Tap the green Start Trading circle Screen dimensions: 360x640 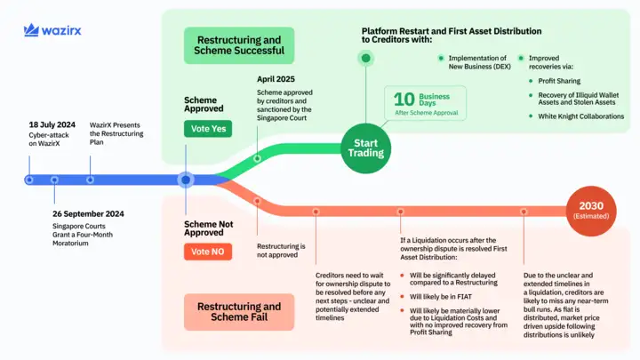click(x=365, y=147)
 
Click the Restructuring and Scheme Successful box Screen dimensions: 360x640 click(x=239, y=44)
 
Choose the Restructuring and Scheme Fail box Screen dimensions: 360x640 click(x=239, y=312)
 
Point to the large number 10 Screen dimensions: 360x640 click(x=404, y=100)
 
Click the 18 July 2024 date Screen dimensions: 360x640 click(x=51, y=125)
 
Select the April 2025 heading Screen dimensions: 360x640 click(x=276, y=79)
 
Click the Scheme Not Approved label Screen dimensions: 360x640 click(x=210, y=229)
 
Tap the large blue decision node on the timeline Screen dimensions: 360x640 click(x=185, y=180)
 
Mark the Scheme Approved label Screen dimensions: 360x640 click(x=204, y=105)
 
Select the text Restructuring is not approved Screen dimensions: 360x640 click(x=281, y=251)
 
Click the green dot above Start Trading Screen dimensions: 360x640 click(x=365, y=59)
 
